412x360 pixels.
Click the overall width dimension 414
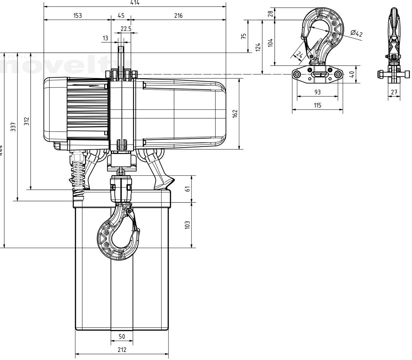tap(135, 3)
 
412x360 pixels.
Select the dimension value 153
tap(77, 16)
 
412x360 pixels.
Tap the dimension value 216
tap(178, 16)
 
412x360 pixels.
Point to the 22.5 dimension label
tap(126, 29)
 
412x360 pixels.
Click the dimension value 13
tap(105, 38)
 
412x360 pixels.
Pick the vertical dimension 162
tap(235, 114)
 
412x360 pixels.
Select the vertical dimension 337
tap(13, 127)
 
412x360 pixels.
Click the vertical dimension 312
tap(27, 121)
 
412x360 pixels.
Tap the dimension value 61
tap(187, 189)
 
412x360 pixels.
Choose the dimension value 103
tap(187, 225)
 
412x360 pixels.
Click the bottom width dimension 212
tap(122, 350)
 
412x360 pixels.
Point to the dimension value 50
tap(122, 337)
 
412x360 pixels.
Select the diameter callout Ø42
tap(356, 33)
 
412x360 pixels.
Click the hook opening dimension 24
tap(299, 55)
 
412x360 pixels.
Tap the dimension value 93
tap(317, 92)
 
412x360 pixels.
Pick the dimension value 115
tap(317, 105)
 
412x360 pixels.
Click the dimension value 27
tap(394, 92)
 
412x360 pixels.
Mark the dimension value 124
tap(258, 47)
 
